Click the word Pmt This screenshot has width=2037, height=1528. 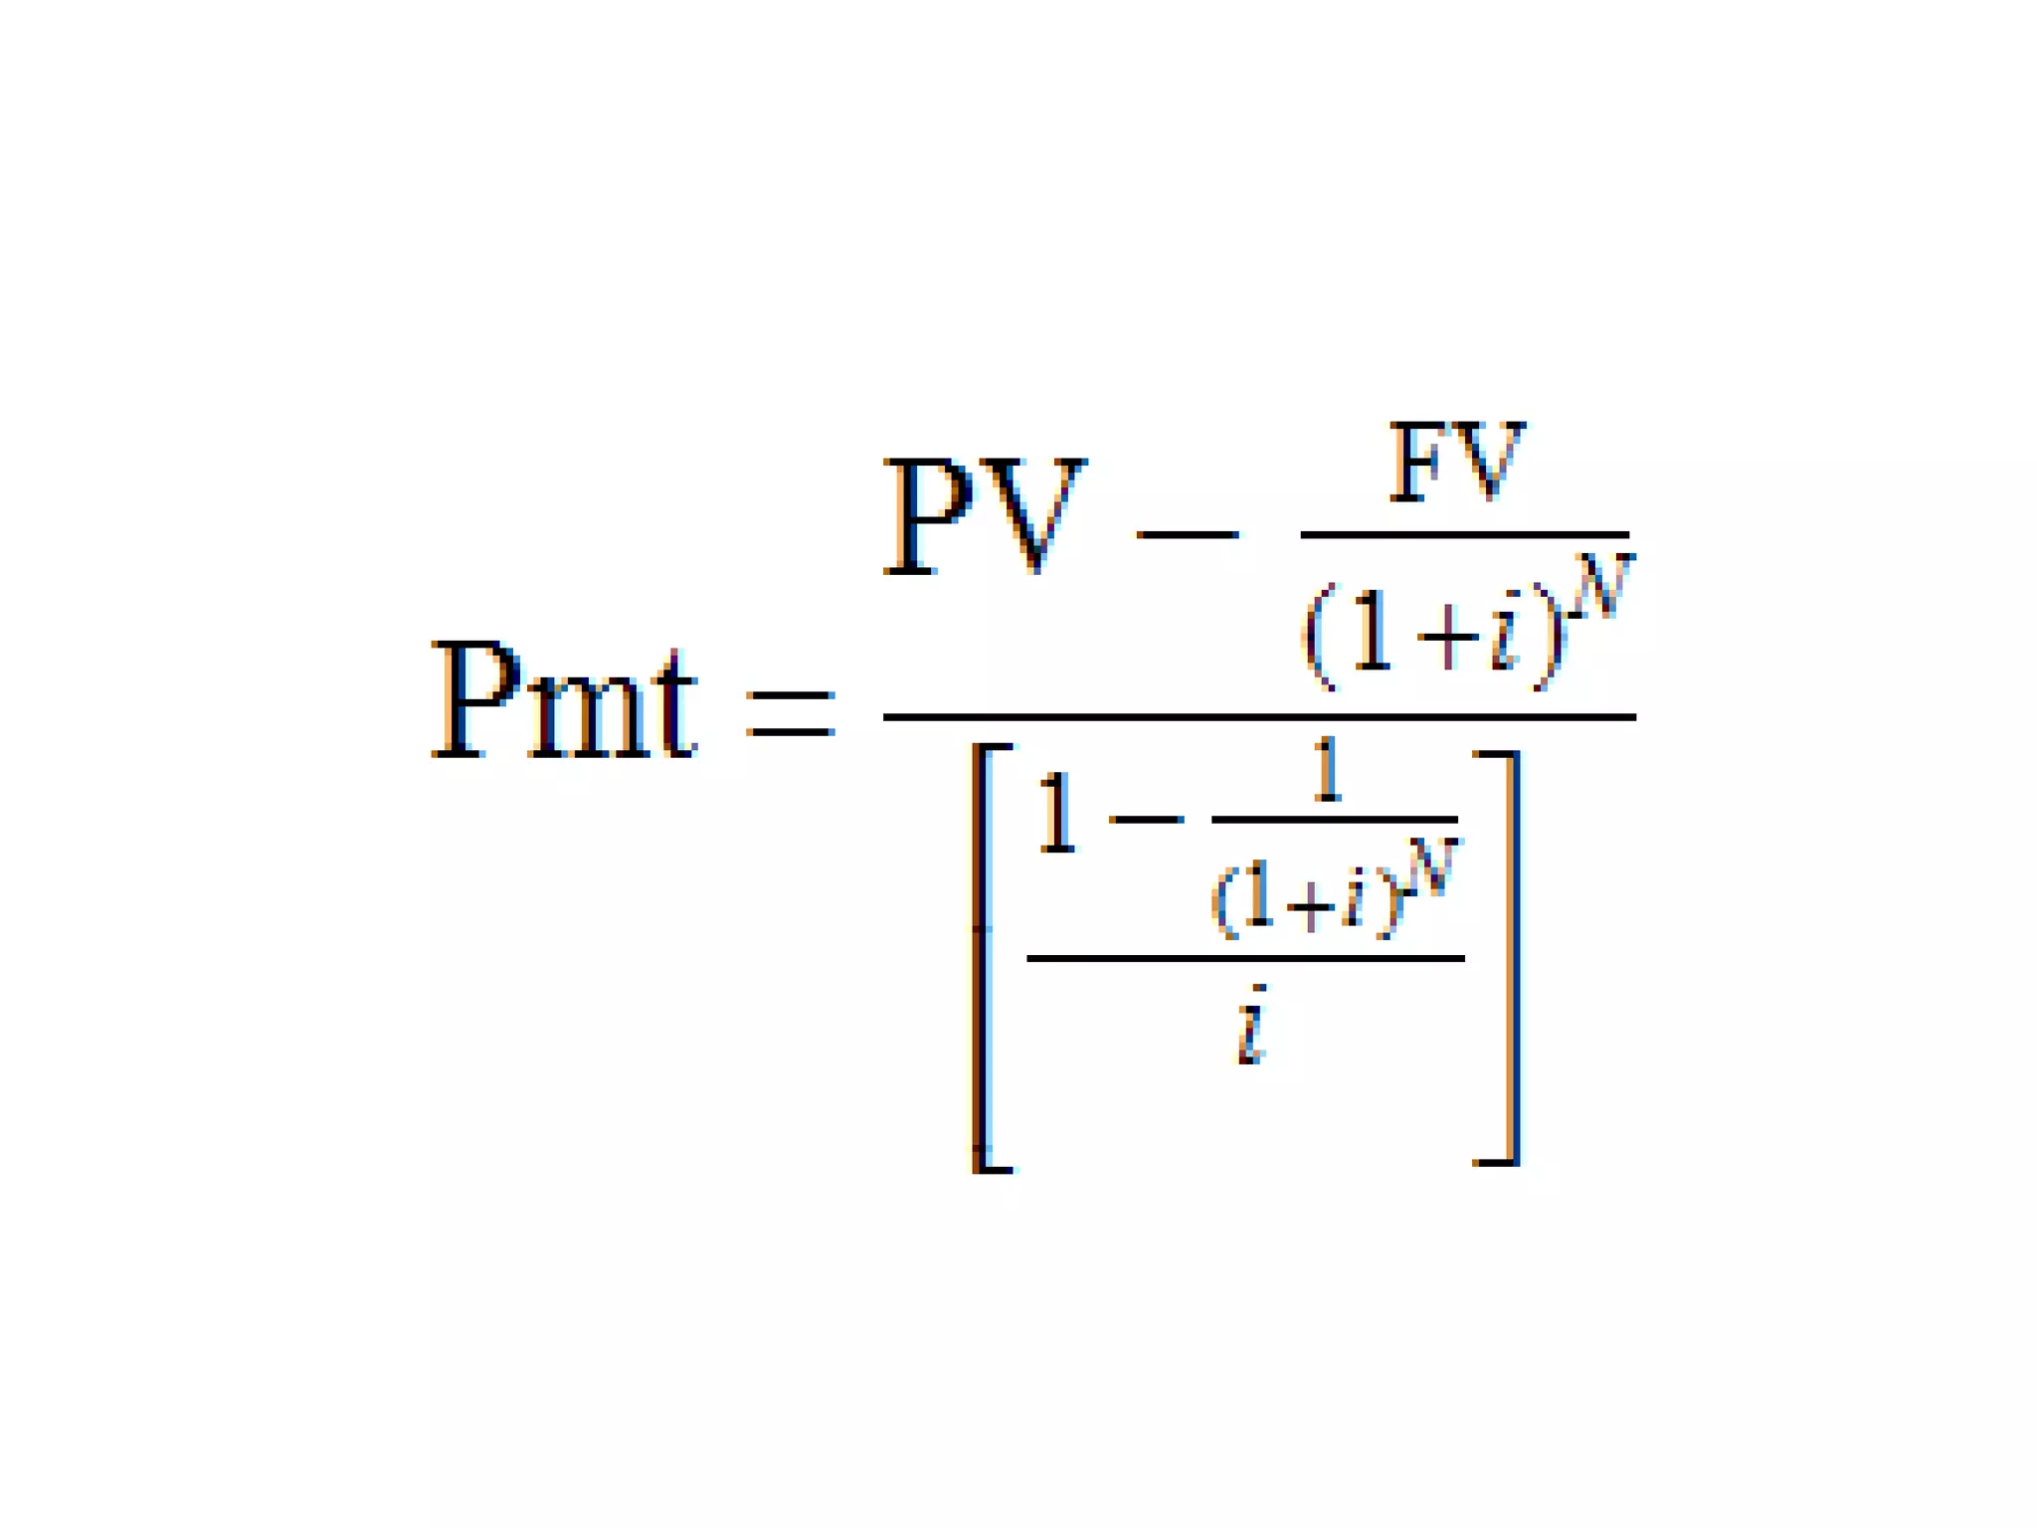pyautogui.click(x=564, y=701)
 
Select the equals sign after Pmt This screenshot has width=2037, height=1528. pyautogui.click(x=790, y=713)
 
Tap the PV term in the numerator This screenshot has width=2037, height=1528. pyautogui.click(x=984, y=516)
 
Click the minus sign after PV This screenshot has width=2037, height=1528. pyautogui.click(x=1187, y=534)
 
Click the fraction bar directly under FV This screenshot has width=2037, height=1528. pyautogui.click(x=1464, y=535)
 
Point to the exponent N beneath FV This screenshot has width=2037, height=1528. pyautogui.click(x=1603, y=587)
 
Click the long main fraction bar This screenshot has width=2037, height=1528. pyautogui.click(x=1259, y=716)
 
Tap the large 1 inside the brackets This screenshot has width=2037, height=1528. pyautogui.click(x=1056, y=816)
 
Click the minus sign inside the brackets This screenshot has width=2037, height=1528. pyautogui.click(x=1147, y=820)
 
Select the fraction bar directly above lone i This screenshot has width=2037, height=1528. pyautogui.click(x=1245, y=959)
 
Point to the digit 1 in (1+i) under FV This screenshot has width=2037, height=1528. pyautogui.click(x=1373, y=631)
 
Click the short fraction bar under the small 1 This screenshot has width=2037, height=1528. pyautogui.click(x=1334, y=820)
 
